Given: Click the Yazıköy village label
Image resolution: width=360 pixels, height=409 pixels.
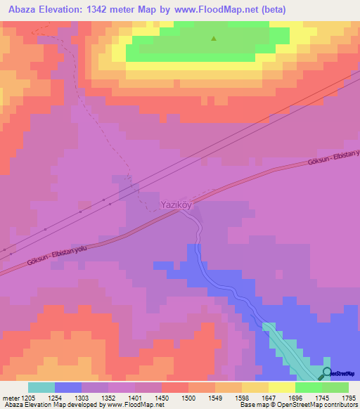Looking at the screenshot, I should (x=176, y=204).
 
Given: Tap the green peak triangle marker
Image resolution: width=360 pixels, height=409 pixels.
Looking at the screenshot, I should (x=214, y=39).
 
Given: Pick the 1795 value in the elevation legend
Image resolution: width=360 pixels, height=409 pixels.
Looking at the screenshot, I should (x=348, y=398).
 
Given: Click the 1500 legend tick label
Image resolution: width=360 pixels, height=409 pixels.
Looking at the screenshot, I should (x=188, y=398).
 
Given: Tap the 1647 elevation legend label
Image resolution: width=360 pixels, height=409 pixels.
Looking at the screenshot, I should (x=268, y=398).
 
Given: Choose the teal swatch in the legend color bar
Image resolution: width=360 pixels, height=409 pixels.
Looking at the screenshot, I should (x=41, y=387).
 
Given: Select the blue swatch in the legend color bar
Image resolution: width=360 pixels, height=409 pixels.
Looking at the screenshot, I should (x=68, y=387).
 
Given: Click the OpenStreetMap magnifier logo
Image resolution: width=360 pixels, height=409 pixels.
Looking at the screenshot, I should (x=327, y=372).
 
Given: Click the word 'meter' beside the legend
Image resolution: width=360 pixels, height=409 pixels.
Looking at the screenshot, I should (x=10, y=398).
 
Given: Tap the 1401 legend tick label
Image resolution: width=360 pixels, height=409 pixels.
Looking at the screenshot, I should (x=136, y=398).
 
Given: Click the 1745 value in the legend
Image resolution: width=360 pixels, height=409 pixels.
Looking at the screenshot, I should (x=321, y=398).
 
